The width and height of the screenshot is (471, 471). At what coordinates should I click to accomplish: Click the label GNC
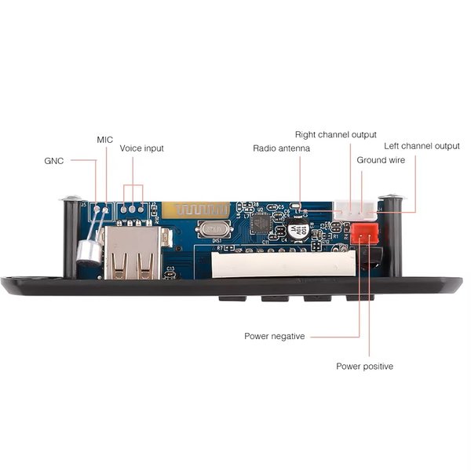coord(54,160)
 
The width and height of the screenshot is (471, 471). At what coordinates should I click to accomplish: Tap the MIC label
coord(105,139)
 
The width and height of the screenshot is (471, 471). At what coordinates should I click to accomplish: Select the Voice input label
coord(141,148)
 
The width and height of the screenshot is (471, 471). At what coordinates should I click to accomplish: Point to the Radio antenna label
coord(281,148)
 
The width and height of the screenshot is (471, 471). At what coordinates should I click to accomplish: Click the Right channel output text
coord(335,134)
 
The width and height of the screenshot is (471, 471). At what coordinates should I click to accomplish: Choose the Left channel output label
coord(422,146)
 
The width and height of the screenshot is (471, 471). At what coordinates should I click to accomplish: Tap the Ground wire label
coord(382,159)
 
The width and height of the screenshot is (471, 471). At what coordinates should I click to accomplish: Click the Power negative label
coord(274,336)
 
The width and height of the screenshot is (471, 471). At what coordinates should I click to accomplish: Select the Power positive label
coord(364,366)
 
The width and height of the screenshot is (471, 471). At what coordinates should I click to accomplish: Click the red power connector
coord(363,232)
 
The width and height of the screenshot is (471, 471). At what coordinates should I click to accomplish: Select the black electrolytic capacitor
coord(298,233)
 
